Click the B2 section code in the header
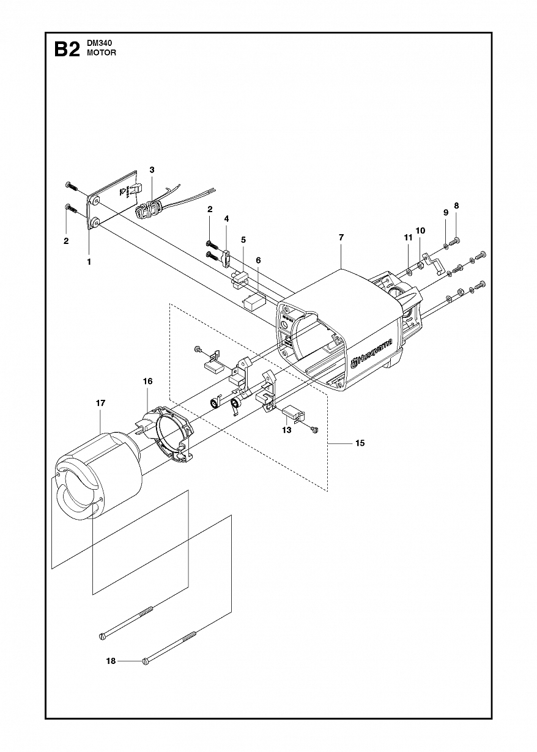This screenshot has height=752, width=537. tap(67, 49)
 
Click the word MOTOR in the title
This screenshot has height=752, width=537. tap(102, 53)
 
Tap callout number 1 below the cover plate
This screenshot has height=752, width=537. tap(89, 261)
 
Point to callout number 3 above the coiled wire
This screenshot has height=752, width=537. tap(152, 169)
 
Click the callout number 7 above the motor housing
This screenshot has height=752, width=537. tap(341, 237)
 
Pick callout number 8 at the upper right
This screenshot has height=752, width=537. tap(456, 205)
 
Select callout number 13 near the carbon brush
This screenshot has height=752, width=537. tap(286, 430)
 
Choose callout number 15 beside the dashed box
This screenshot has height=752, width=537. tap(360, 443)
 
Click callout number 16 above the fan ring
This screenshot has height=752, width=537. tap(147, 381)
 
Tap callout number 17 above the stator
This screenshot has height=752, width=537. tap(101, 403)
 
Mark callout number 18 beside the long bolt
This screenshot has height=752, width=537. tap(111, 661)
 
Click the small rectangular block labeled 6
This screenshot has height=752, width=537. tap(253, 300)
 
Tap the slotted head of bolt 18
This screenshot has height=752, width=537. tap(145, 661)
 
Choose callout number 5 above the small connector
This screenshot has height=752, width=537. tap(243, 240)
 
